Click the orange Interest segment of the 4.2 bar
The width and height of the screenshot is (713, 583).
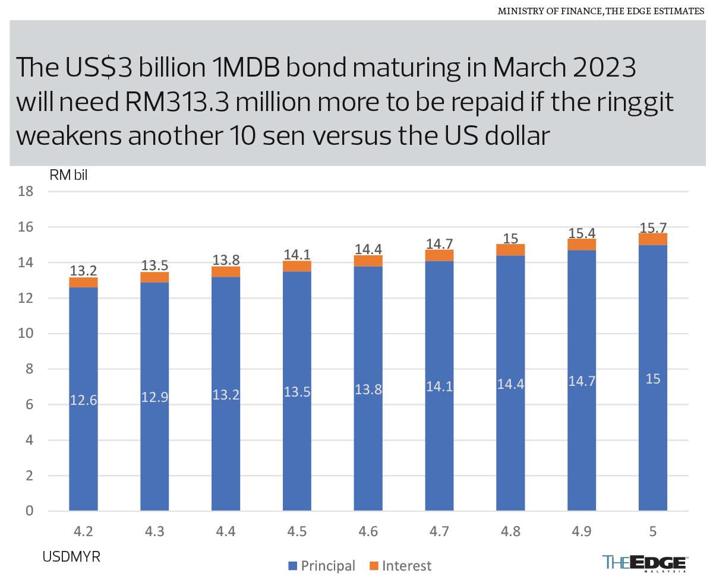pyautogui.click(x=83, y=283)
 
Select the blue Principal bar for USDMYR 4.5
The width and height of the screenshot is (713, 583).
pyautogui.click(x=297, y=392)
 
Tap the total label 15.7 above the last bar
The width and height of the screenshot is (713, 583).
pyautogui.click(x=652, y=227)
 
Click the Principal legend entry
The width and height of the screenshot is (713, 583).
pyautogui.click(x=321, y=566)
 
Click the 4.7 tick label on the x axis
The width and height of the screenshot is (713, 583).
pyautogui.click(x=439, y=532)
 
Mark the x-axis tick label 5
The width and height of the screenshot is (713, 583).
pyautogui.click(x=653, y=532)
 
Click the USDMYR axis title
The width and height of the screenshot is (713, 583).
pyautogui.click(x=71, y=557)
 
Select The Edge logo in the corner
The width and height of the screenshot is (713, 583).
pyautogui.click(x=645, y=563)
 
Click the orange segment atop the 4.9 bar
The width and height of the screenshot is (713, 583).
pyautogui.click(x=582, y=245)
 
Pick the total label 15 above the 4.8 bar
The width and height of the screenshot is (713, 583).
pyautogui.click(x=510, y=237)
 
